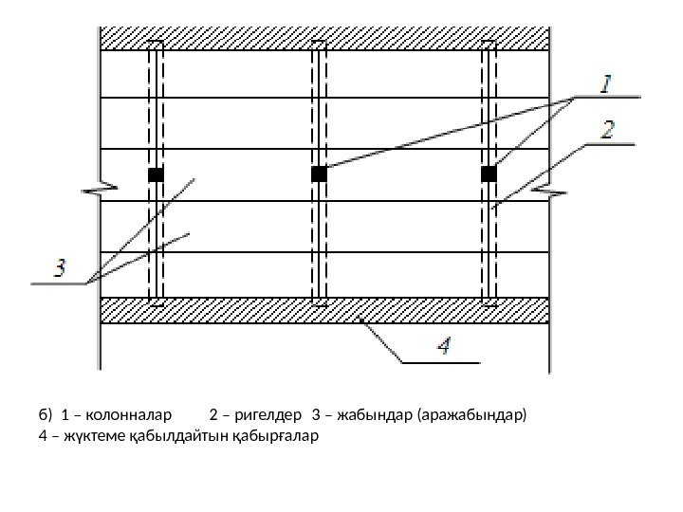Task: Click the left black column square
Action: [156, 174]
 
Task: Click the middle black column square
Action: [319, 174]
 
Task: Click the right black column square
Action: [489, 174]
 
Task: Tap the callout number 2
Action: [607, 128]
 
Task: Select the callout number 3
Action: [59, 268]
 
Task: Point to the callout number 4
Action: [455, 348]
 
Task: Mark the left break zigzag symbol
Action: [99, 191]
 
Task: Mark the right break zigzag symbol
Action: [549, 191]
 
